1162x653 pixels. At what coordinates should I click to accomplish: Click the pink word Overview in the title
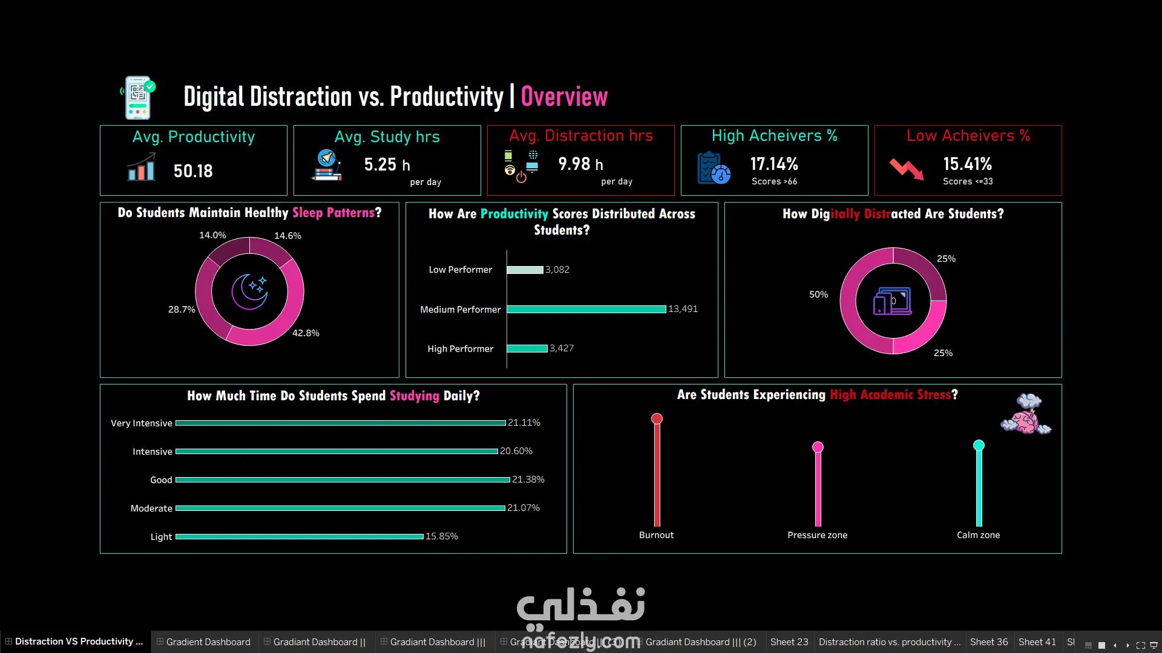[x=564, y=97]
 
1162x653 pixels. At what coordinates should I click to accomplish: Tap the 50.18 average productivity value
[x=193, y=171]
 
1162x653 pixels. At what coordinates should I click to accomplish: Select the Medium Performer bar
[x=586, y=309]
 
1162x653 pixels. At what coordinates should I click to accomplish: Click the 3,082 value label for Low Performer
[x=557, y=270]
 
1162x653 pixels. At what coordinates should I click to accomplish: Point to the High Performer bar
[x=527, y=348]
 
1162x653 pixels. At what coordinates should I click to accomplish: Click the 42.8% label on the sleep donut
[x=306, y=333]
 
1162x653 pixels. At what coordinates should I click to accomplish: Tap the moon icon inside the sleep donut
[x=249, y=291]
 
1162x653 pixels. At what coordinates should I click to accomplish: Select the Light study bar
[x=300, y=536]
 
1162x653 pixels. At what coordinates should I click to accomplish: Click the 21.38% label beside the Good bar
[x=528, y=479]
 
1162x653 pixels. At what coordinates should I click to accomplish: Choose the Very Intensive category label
[x=142, y=423]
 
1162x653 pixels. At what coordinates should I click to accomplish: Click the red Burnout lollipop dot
[x=657, y=418]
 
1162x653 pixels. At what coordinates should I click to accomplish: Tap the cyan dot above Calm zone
[x=979, y=446]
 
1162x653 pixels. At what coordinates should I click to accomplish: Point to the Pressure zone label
[x=818, y=535]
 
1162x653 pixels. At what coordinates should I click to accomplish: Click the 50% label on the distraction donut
[x=818, y=294]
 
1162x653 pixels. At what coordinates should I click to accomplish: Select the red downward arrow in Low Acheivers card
[x=907, y=169]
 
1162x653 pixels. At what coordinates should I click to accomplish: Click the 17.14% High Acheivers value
[x=774, y=164]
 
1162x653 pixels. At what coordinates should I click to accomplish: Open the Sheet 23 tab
[x=789, y=642]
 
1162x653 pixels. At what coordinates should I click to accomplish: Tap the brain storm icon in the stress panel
[x=1026, y=414]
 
